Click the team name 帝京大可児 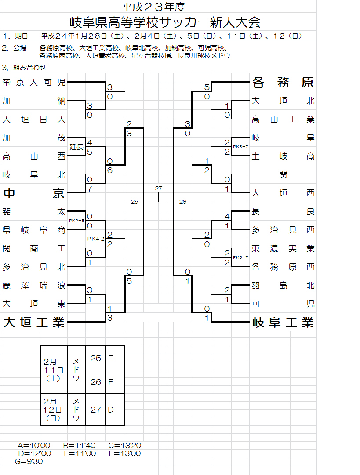[34, 82]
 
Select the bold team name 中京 [34, 193]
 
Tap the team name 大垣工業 [34, 323]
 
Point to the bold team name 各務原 [283, 82]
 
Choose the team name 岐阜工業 [283, 323]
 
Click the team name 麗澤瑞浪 [34, 285]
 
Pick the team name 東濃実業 [283, 248]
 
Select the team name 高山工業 [283, 119]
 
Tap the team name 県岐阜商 [34, 230]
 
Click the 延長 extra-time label [76, 147]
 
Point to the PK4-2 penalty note [96, 239]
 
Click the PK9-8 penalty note [76, 221]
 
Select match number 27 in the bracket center [159, 188]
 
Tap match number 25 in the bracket [135, 202]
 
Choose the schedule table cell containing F [111, 382]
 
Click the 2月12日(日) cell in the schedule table [54, 410]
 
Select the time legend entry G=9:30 [29, 461]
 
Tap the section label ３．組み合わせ [24, 68]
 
